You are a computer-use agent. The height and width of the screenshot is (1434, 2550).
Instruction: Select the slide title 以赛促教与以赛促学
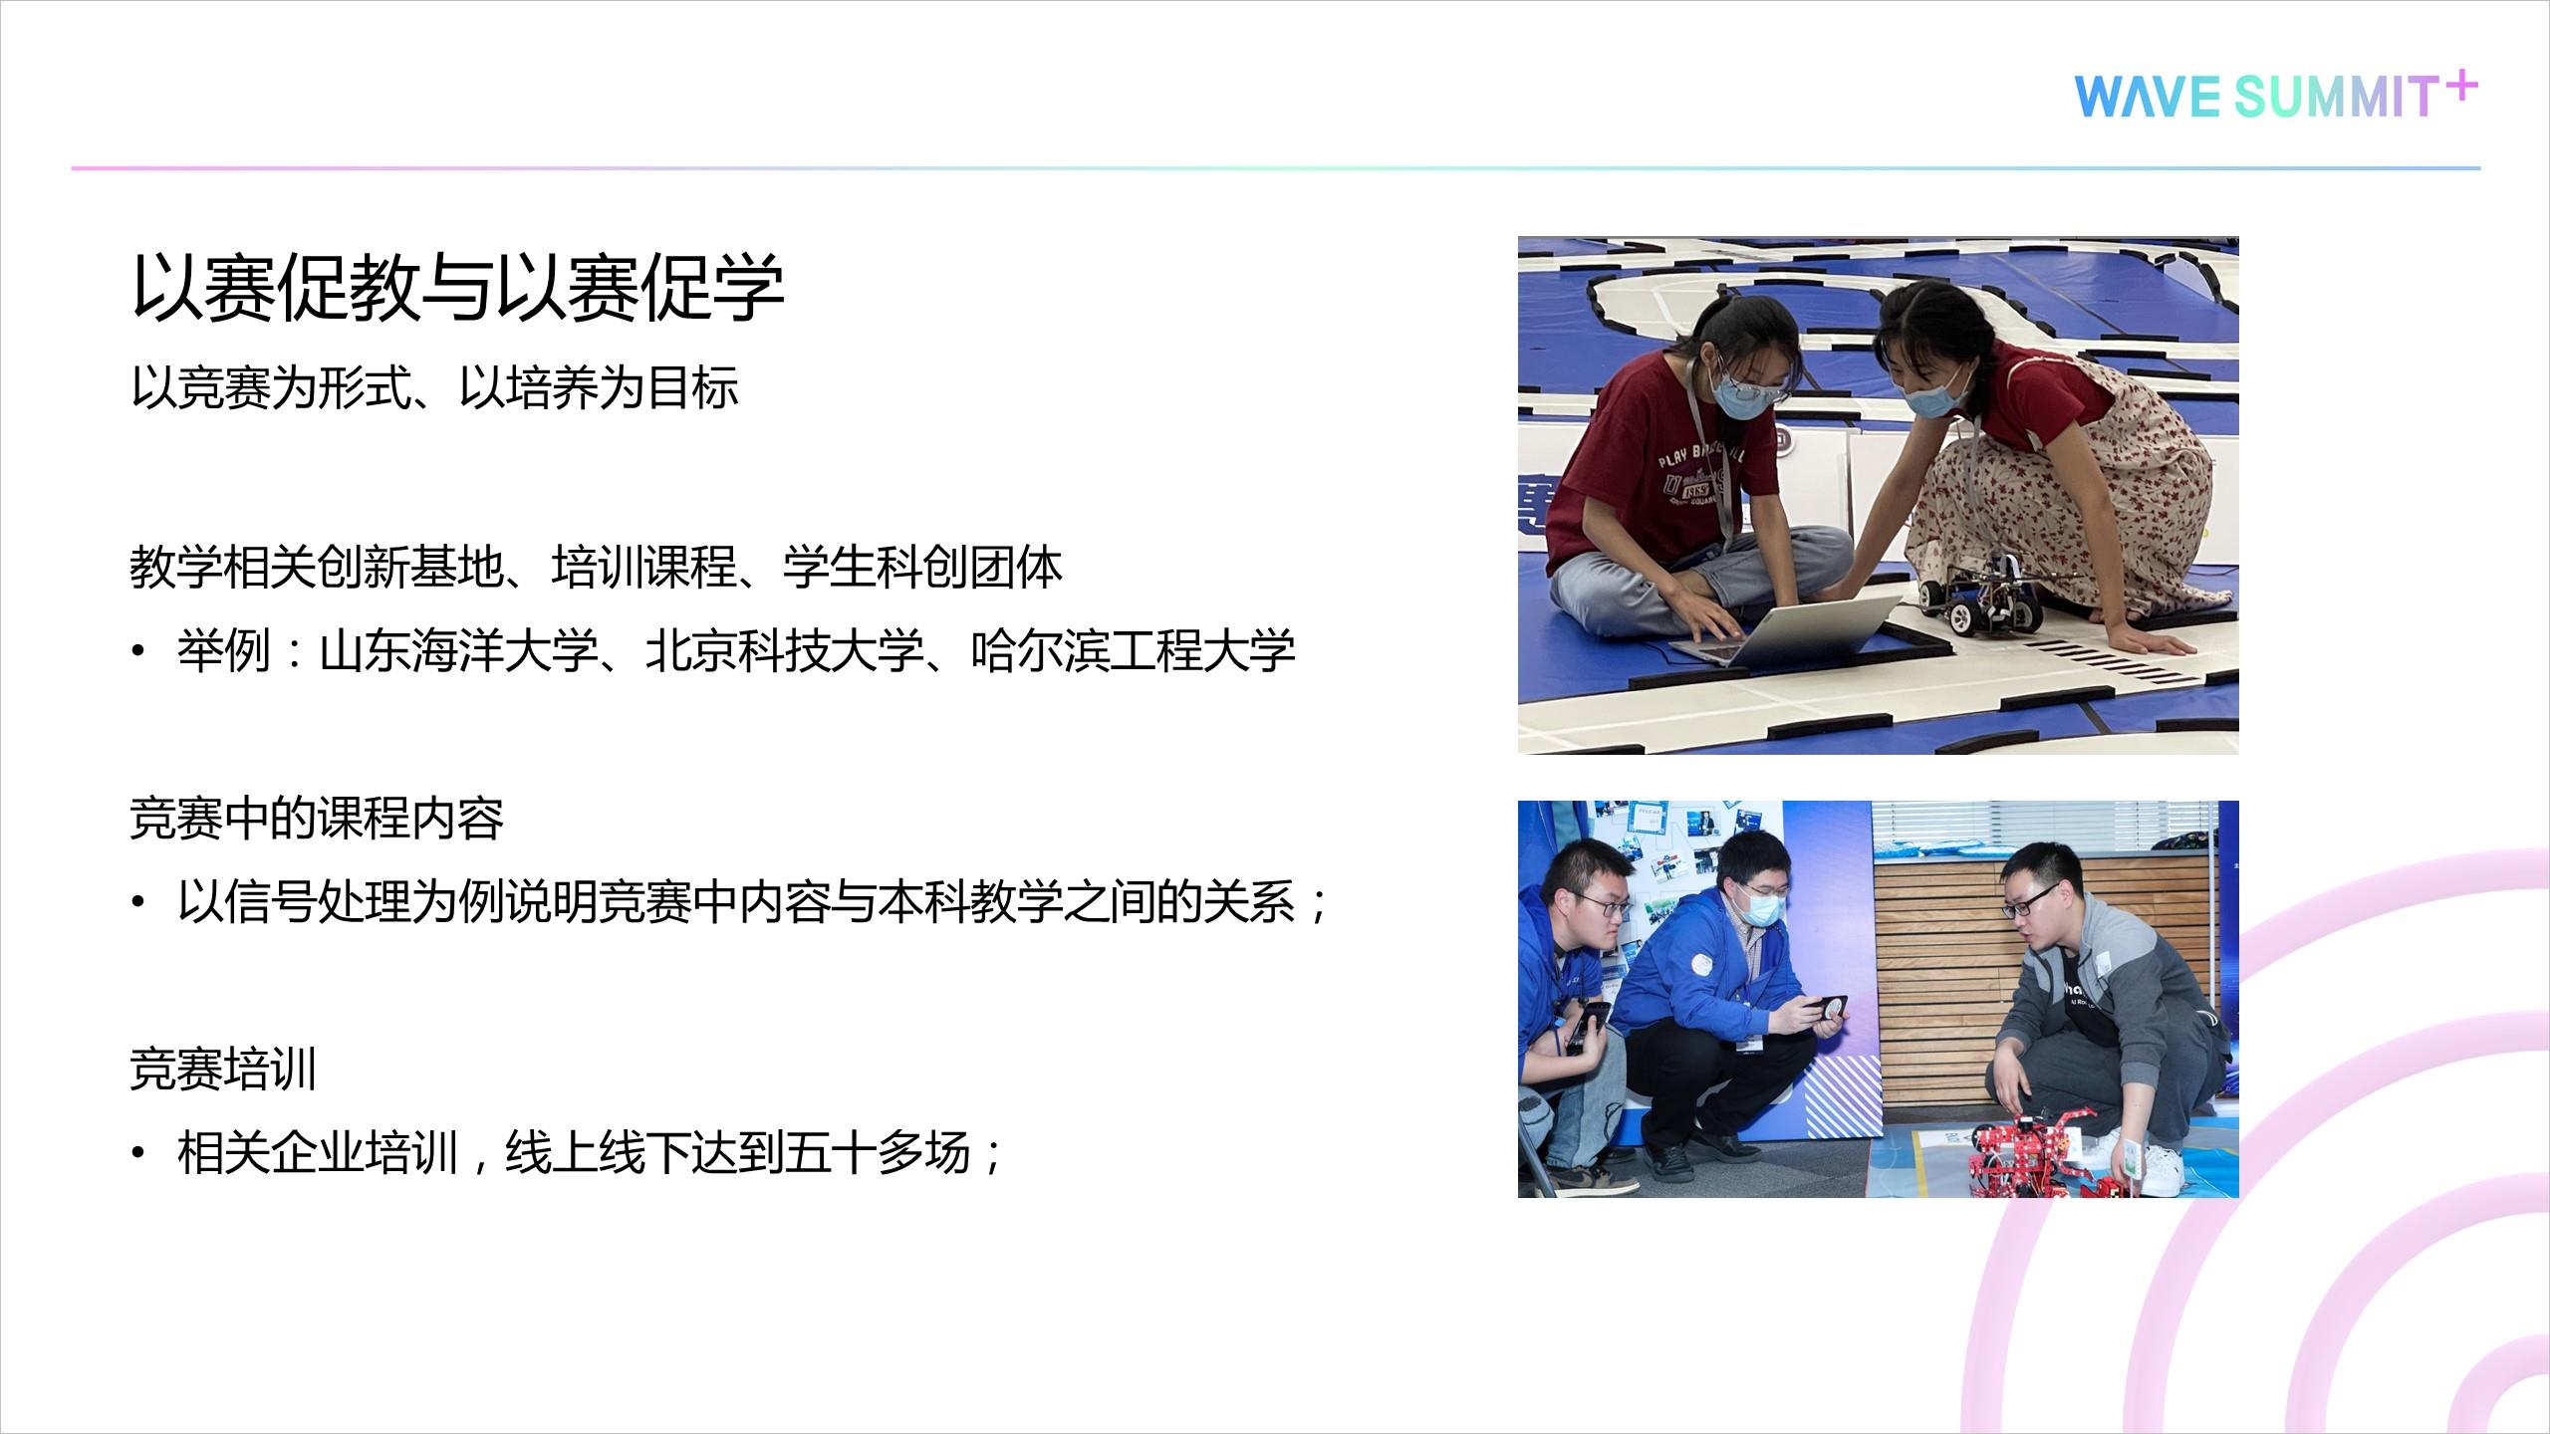(458, 288)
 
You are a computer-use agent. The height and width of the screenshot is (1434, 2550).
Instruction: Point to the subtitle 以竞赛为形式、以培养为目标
(435, 387)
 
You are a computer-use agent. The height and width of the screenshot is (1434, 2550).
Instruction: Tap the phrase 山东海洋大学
(459, 651)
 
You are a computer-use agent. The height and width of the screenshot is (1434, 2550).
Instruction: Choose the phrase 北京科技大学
(785, 651)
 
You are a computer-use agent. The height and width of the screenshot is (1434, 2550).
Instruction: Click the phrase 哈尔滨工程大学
(1134, 651)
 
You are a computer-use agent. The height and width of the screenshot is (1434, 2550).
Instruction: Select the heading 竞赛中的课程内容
(318, 819)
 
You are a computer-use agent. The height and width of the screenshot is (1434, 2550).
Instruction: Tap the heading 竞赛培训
(224, 1071)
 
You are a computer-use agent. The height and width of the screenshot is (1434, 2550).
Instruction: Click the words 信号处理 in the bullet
(318, 902)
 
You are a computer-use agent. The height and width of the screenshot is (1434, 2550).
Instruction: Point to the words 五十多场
(878, 1154)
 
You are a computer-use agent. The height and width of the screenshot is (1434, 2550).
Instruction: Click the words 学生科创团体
(922, 568)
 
